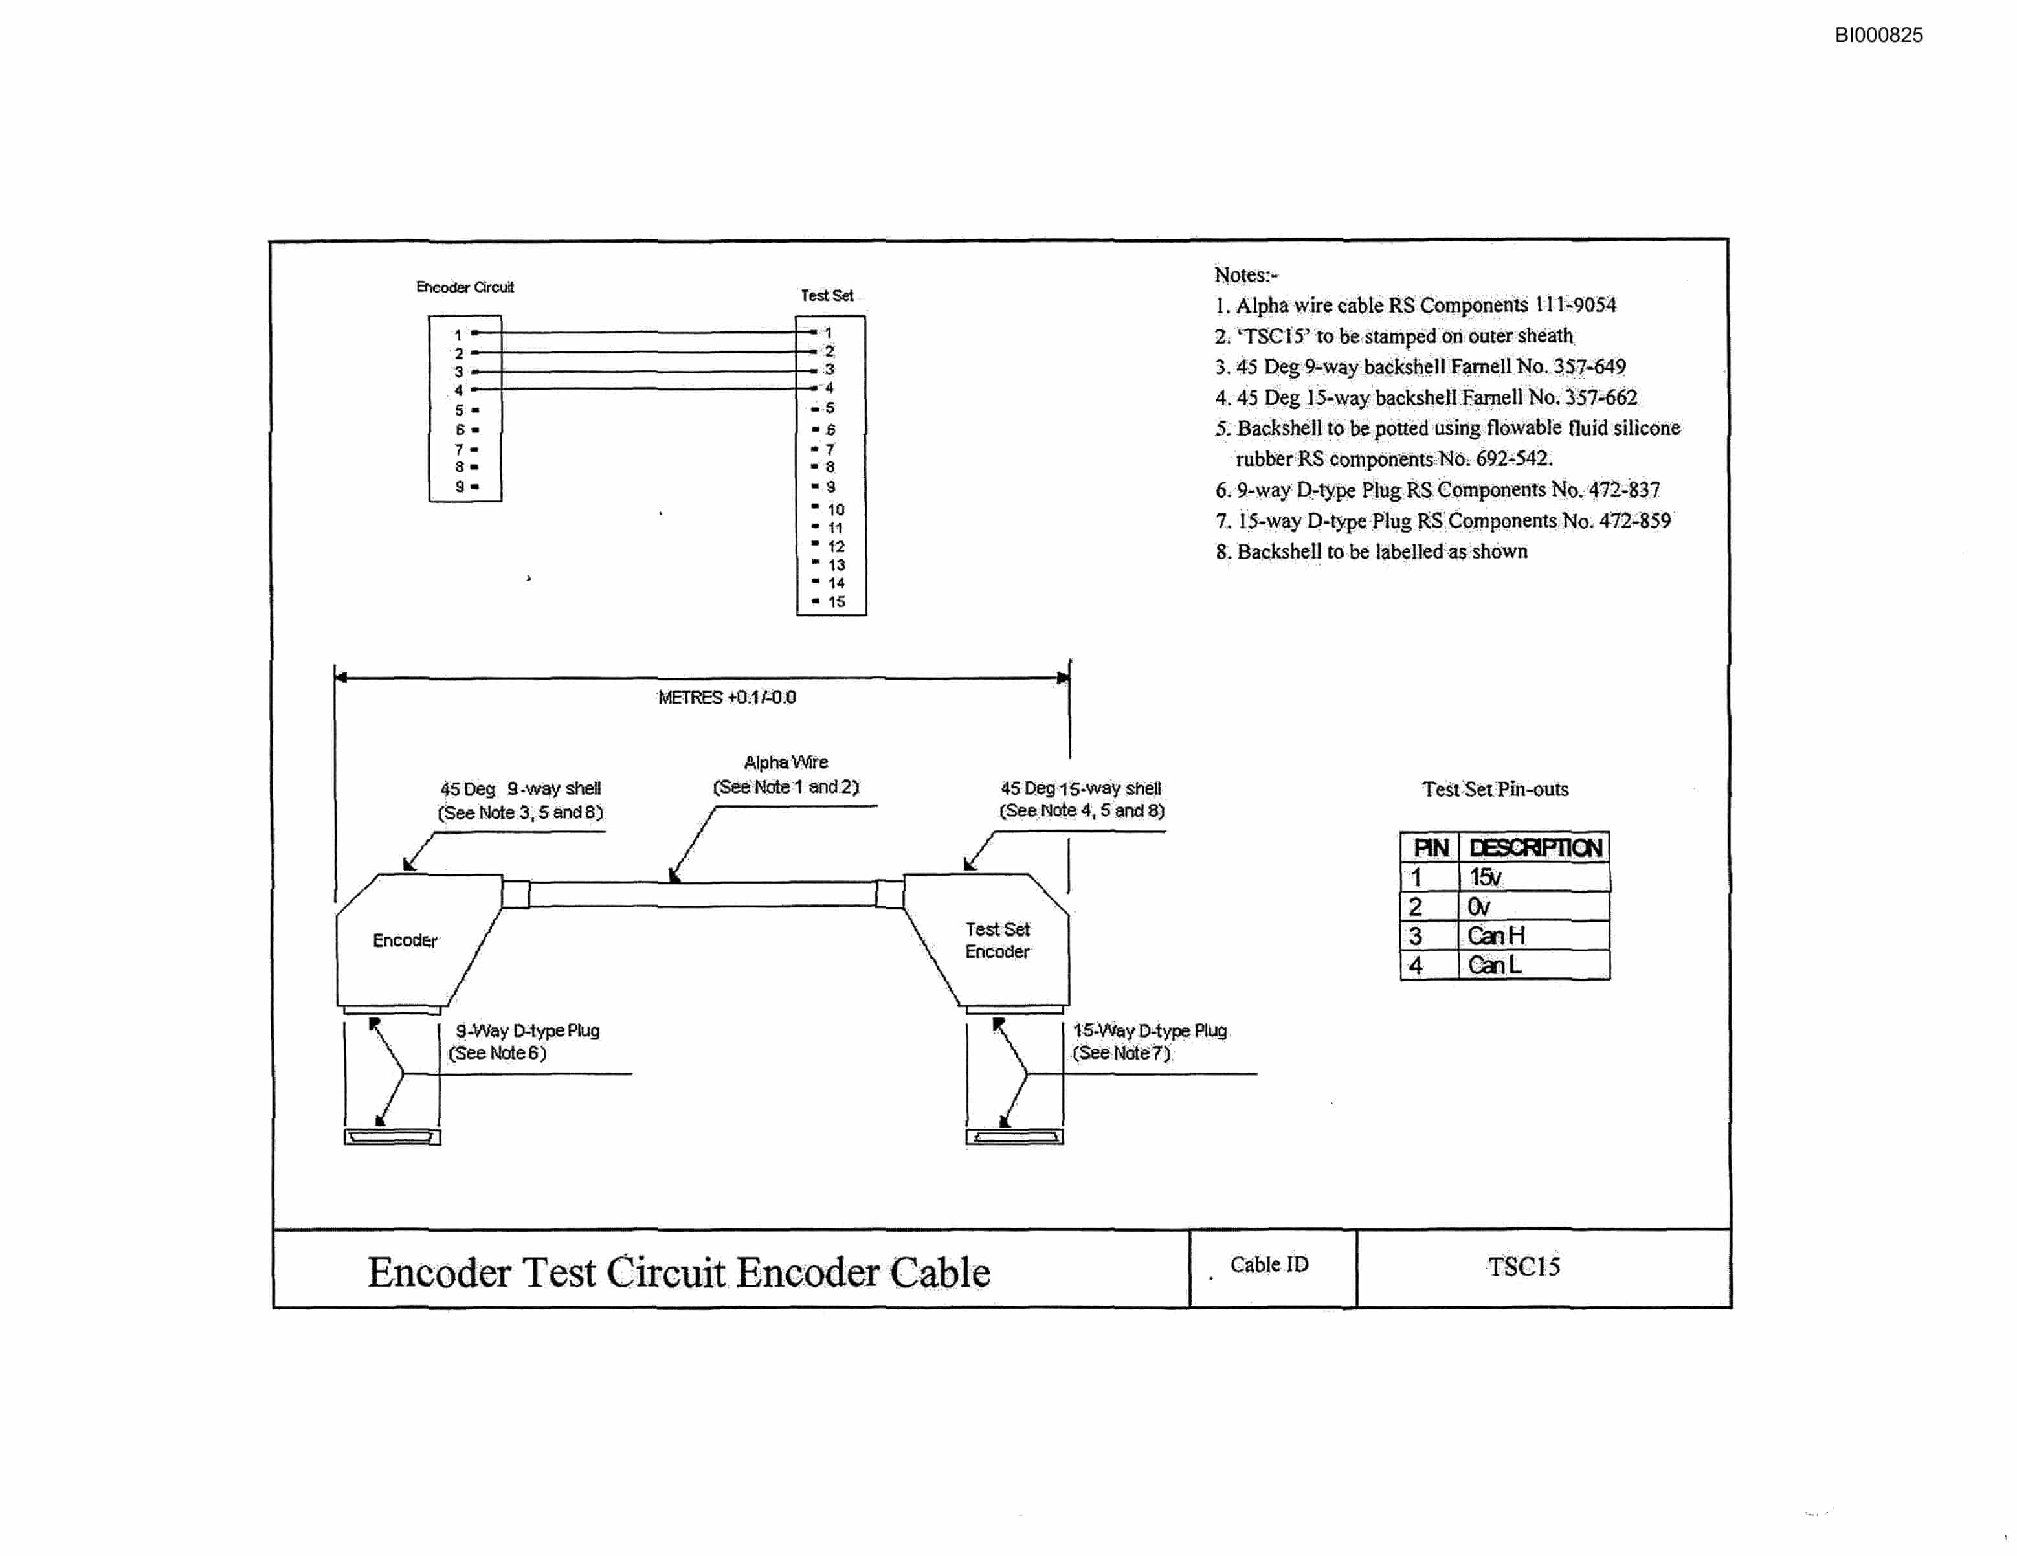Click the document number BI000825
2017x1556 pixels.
[x=1878, y=35]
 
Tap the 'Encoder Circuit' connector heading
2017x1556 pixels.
[x=465, y=287]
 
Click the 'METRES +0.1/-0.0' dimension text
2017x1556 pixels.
[x=727, y=697]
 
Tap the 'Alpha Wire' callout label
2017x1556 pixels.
[x=786, y=762]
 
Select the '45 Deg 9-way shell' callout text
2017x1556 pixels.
[x=520, y=788]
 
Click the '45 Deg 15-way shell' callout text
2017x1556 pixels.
[x=1080, y=788]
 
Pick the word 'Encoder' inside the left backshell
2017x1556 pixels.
[x=405, y=940]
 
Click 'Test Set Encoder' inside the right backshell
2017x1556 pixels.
[x=997, y=940]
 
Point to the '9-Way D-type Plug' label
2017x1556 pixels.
[x=528, y=1030]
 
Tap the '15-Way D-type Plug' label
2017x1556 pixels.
[x=1150, y=1030]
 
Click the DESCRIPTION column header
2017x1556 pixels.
[x=1535, y=848]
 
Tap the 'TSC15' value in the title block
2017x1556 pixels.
[x=1524, y=1266]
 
